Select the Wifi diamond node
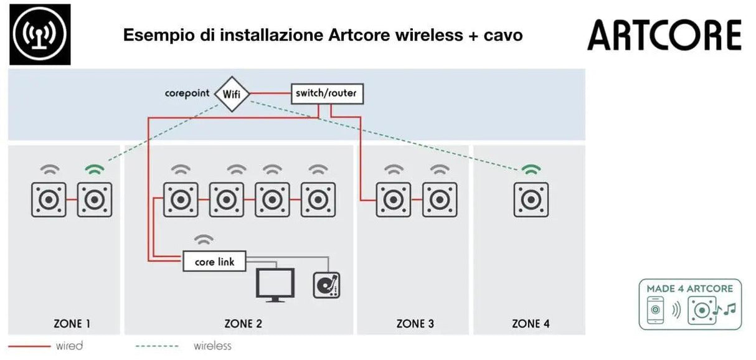[231, 94]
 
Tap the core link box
[214, 262]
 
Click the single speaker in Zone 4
[531, 200]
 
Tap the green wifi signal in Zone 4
[531, 169]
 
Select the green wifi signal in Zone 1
[95, 169]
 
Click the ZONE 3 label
[415, 324]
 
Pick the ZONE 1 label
[72, 324]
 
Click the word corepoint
[187, 94]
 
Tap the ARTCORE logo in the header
[664, 36]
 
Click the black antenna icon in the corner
[40, 34]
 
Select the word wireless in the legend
[212, 346]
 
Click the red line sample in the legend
[29, 346]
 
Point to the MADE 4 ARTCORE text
[689, 289]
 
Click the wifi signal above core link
[204, 240]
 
